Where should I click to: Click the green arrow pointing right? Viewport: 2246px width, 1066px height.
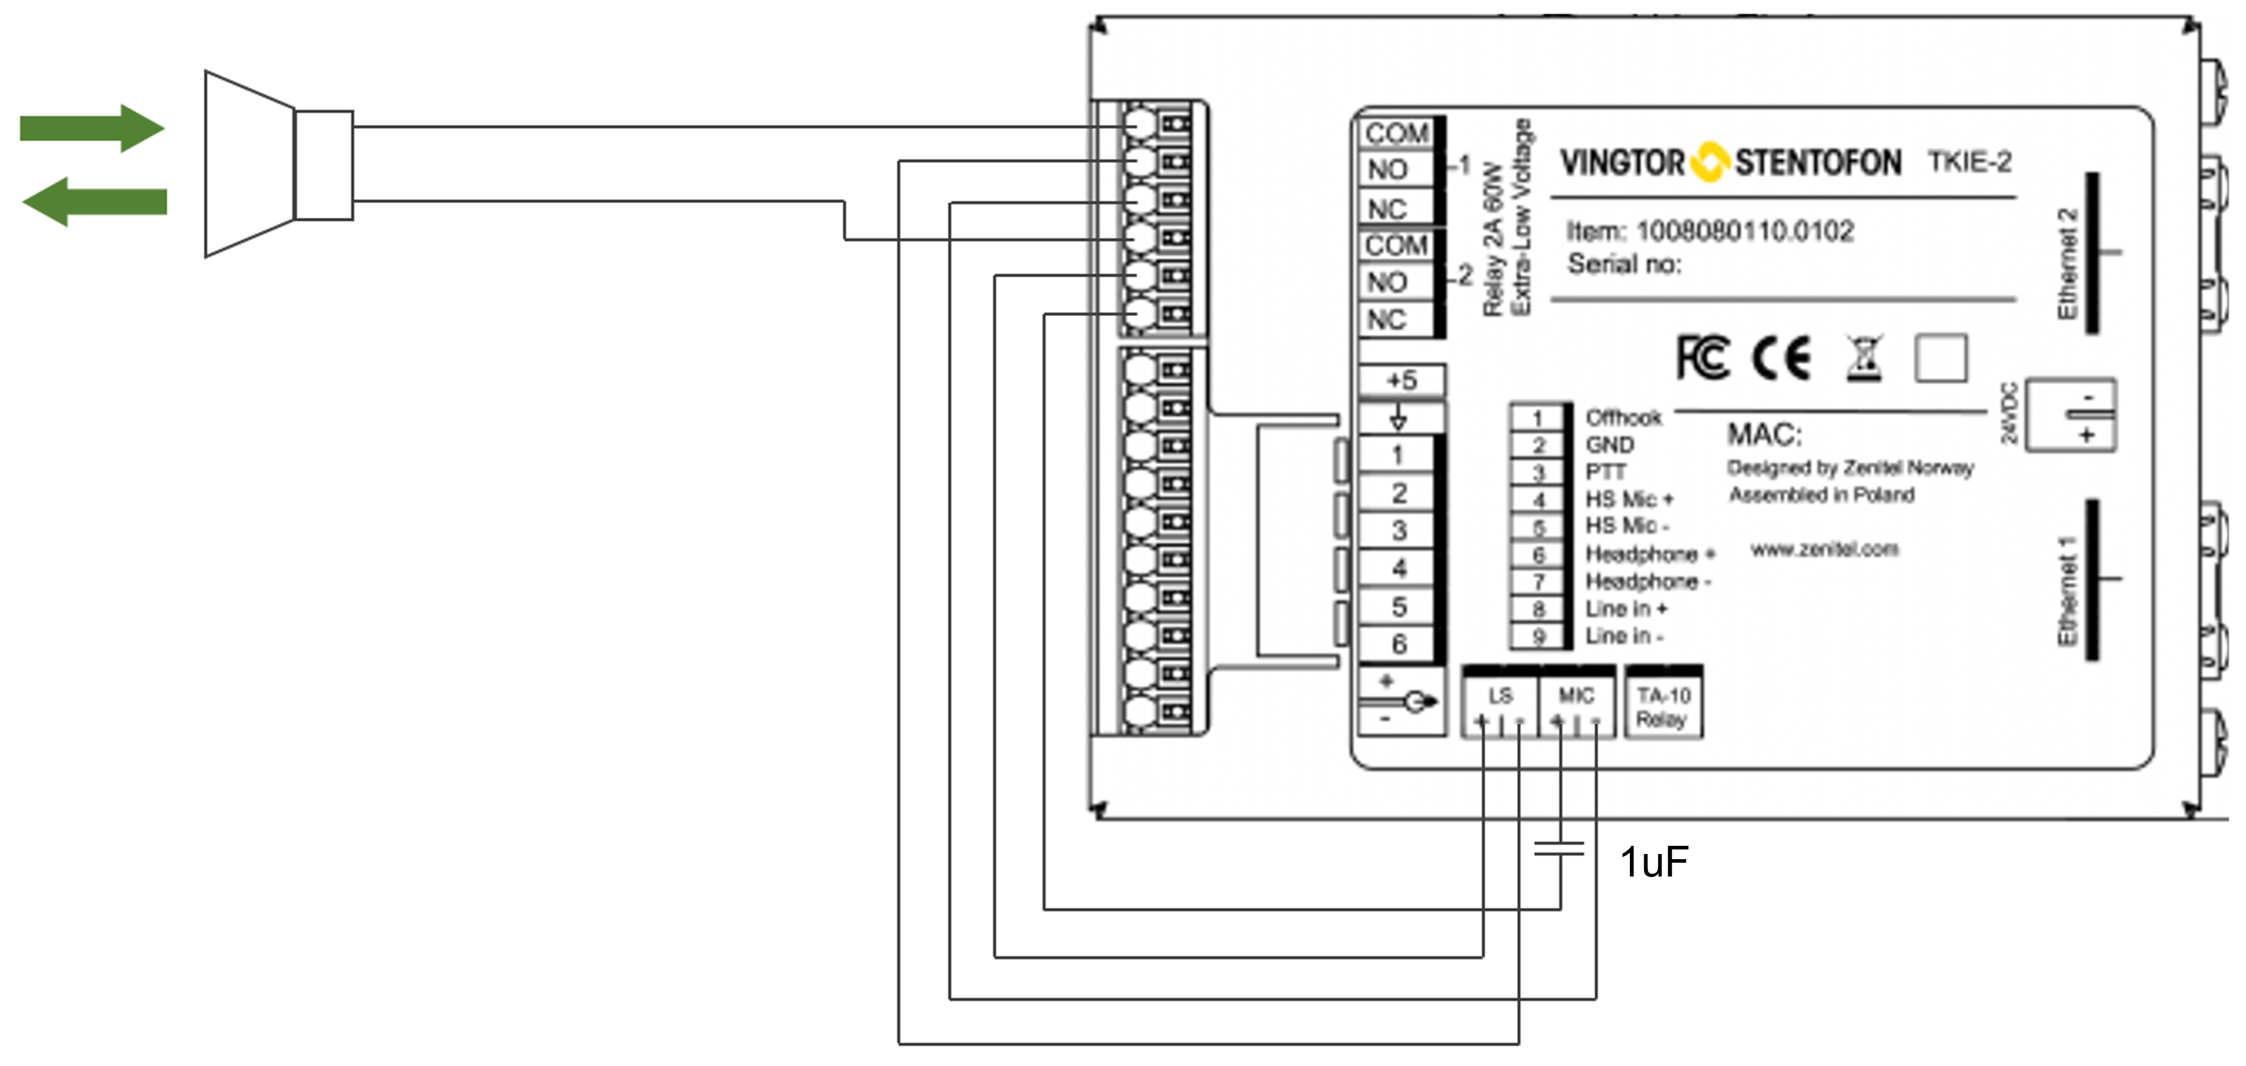[x=91, y=128]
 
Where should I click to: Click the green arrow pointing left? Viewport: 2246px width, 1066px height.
[x=94, y=202]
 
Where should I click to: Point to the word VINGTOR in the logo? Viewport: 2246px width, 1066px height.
[x=1622, y=163]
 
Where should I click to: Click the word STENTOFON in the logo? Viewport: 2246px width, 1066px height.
[x=1818, y=163]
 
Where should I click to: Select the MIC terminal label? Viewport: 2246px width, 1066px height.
[x=1575, y=696]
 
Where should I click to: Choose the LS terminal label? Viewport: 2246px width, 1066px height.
[x=1500, y=696]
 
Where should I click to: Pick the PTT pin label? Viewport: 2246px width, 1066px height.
[x=1605, y=472]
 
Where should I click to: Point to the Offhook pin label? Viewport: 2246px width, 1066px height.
[x=1623, y=418]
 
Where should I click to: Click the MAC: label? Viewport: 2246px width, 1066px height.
[x=1765, y=435]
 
